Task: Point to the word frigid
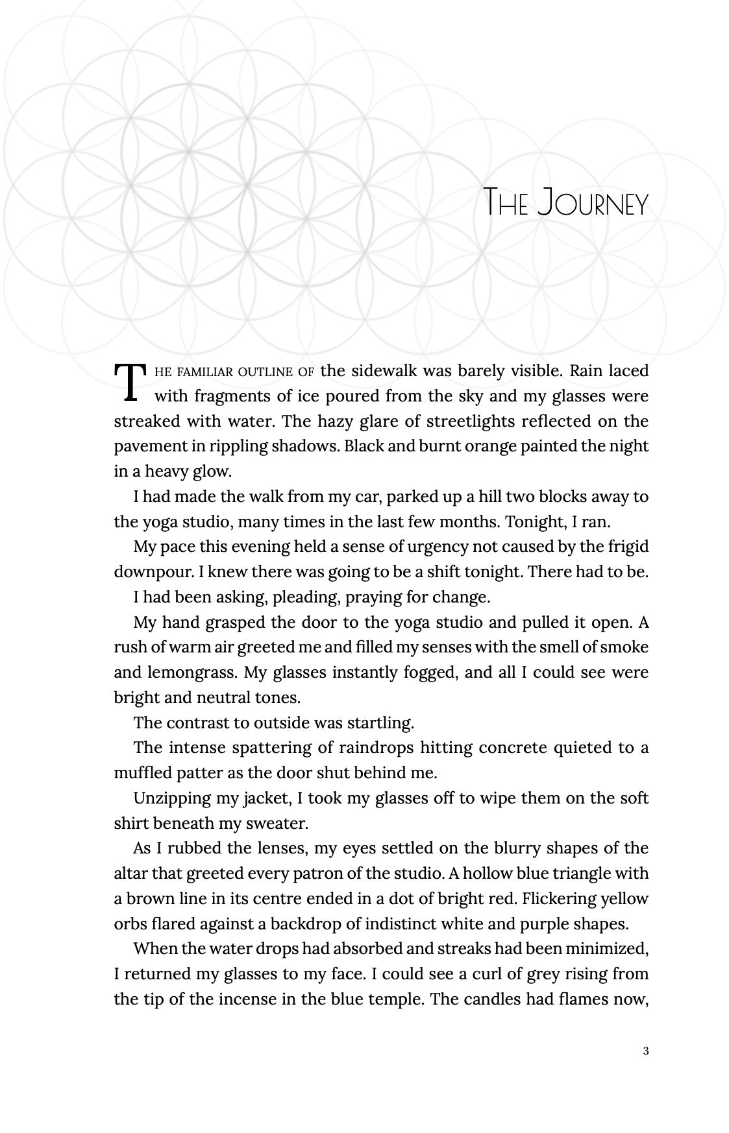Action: pos(626,547)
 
